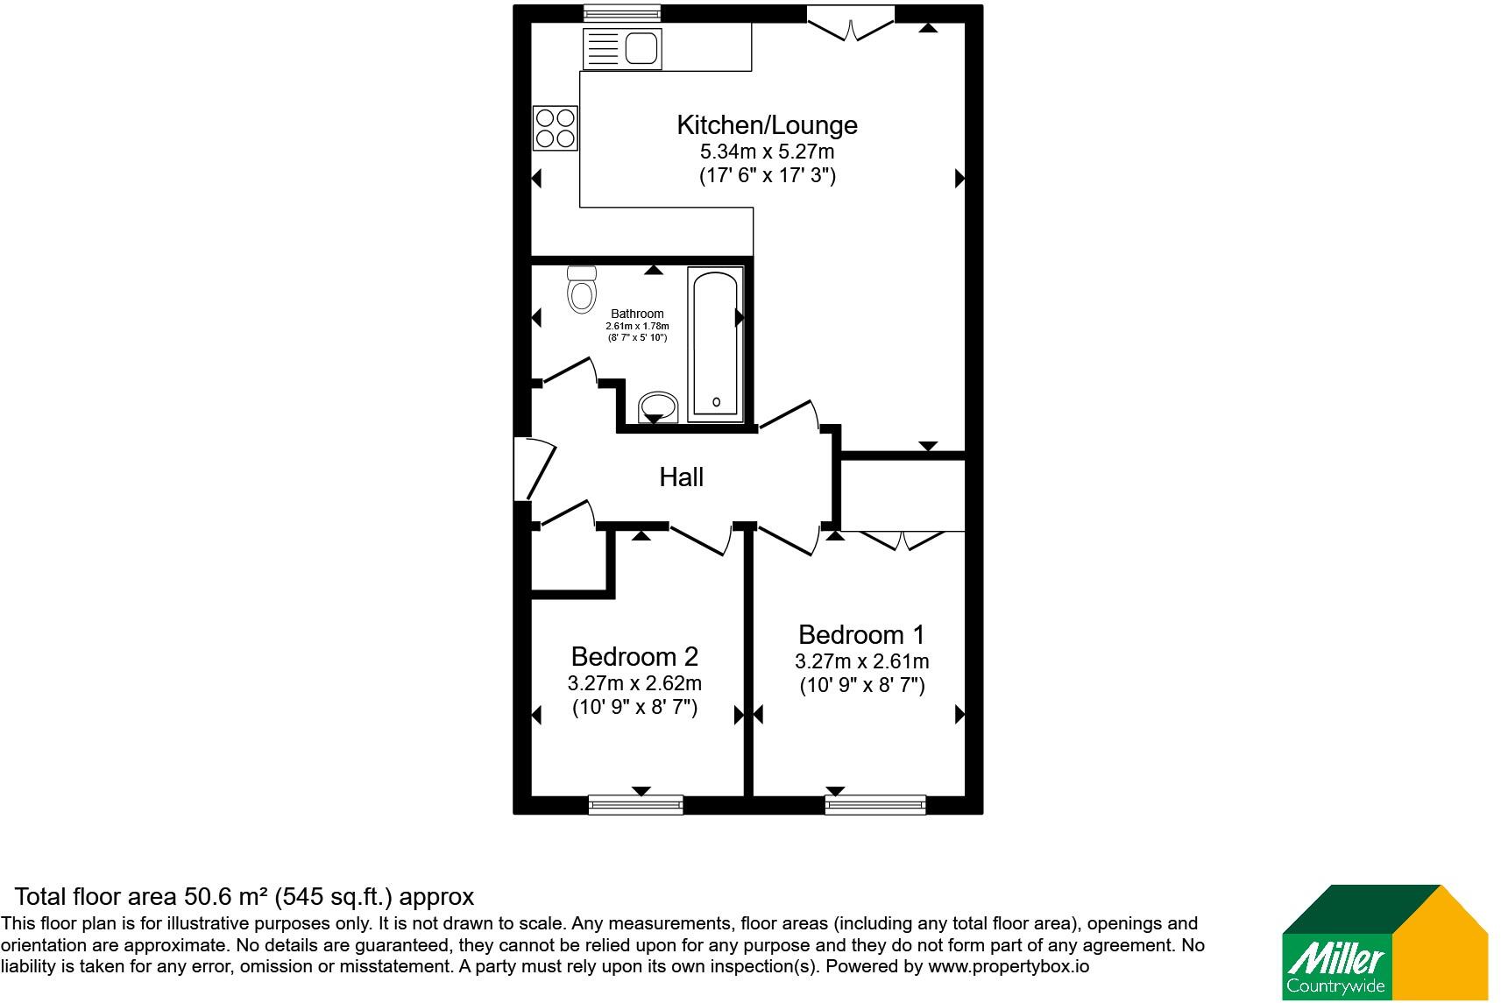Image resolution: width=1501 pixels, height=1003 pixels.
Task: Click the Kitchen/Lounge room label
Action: click(x=767, y=125)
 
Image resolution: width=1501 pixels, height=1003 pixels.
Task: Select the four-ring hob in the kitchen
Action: click(x=556, y=128)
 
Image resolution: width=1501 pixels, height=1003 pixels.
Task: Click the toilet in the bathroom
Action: click(x=582, y=289)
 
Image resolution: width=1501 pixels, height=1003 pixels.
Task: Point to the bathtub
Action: click(x=716, y=344)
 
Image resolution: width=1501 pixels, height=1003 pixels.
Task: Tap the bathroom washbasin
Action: click(x=658, y=406)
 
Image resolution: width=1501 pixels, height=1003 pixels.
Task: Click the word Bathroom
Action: click(x=637, y=314)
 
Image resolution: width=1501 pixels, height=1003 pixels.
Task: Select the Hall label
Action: click(x=682, y=477)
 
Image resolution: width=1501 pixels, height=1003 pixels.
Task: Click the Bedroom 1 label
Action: click(x=861, y=634)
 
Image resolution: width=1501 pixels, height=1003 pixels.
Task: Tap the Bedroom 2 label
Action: click(x=634, y=657)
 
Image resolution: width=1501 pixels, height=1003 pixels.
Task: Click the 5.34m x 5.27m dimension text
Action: click(x=768, y=152)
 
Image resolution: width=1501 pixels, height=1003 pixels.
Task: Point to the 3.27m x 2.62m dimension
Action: click(x=634, y=683)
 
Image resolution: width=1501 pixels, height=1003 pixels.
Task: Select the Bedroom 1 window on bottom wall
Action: click(x=875, y=805)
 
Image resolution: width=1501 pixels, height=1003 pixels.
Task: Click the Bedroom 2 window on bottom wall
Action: click(x=635, y=805)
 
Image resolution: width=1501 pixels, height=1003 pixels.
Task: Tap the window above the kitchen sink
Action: click(x=622, y=13)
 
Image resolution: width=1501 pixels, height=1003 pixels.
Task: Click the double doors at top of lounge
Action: click(x=851, y=24)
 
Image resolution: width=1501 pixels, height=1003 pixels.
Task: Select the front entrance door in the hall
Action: click(x=535, y=469)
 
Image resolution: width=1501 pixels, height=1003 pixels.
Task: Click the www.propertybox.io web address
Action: click(x=1009, y=967)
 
